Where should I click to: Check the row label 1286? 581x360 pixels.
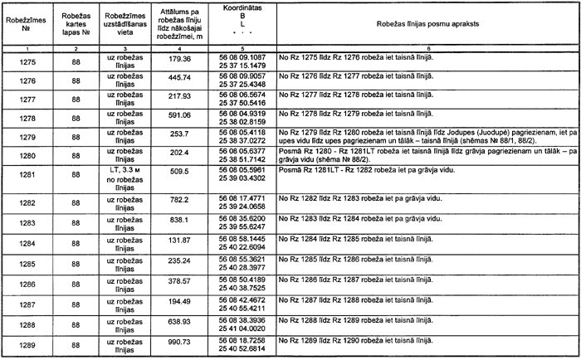tap(27, 282)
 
